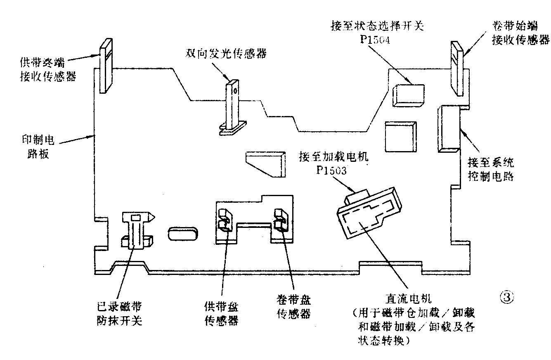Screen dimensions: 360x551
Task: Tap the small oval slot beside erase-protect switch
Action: (x=182, y=234)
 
